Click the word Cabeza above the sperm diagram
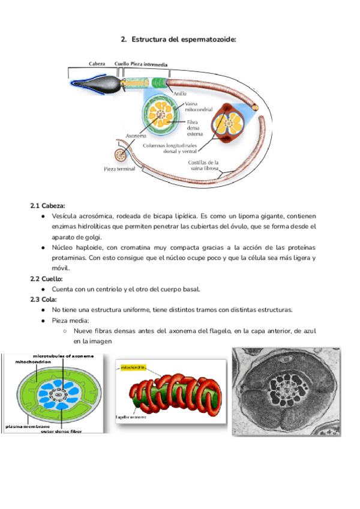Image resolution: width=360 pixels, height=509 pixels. tap(97, 64)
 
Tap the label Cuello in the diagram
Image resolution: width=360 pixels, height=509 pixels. tap(121, 64)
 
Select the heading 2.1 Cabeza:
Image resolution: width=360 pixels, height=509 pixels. tap(47, 205)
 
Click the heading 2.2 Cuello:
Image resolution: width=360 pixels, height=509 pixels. tap(46, 279)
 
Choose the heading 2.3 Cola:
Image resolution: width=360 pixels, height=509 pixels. tap(43, 300)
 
